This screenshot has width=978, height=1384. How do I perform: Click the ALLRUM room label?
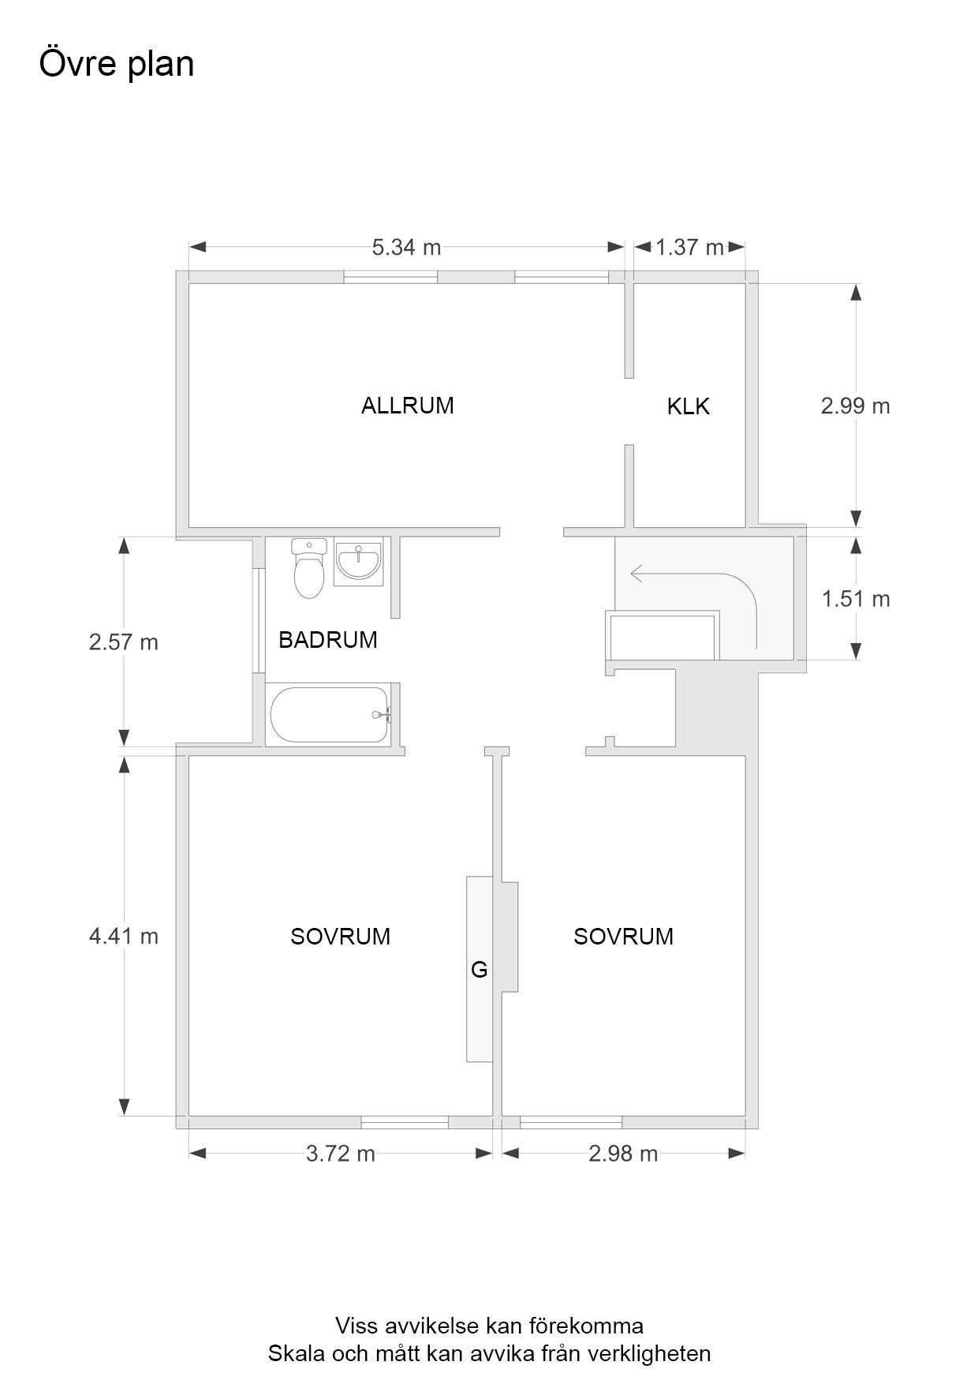point(407,406)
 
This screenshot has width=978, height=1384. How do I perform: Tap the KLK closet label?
point(689,406)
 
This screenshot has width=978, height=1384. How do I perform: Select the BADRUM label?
point(328,640)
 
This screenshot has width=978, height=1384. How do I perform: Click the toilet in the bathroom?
point(308,567)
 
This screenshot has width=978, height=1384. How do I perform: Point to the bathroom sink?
point(358,563)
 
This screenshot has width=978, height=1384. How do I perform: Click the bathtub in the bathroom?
point(330,715)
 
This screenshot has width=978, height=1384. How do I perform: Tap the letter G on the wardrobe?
point(479,970)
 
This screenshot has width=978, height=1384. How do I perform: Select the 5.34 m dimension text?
point(406,248)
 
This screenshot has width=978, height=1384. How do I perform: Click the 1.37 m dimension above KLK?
point(690,248)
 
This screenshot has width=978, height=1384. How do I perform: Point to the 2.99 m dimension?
point(856,406)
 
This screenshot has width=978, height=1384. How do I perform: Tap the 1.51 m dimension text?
point(856,600)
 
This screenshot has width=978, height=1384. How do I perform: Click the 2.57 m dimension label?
point(124,642)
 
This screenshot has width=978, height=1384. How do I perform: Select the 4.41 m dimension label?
point(124,937)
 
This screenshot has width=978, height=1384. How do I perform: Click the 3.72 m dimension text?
point(341,1154)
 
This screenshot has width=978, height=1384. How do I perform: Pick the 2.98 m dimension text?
point(623,1154)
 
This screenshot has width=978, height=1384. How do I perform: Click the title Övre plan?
point(117,63)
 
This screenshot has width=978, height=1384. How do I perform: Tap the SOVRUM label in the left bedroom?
point(340,937)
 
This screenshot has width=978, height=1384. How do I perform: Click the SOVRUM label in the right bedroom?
point(623,937)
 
